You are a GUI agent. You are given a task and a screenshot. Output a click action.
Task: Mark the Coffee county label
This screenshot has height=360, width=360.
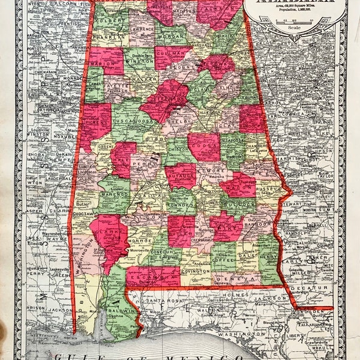click(223, 243)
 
